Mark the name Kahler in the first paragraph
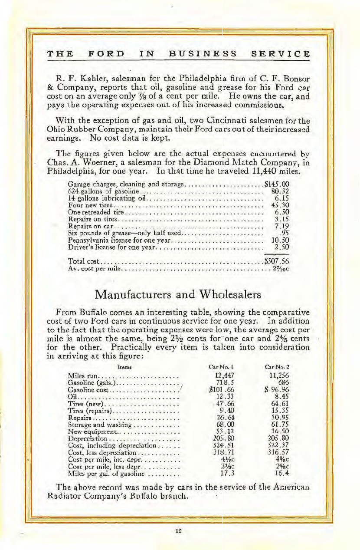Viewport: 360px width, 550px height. [90, 79]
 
